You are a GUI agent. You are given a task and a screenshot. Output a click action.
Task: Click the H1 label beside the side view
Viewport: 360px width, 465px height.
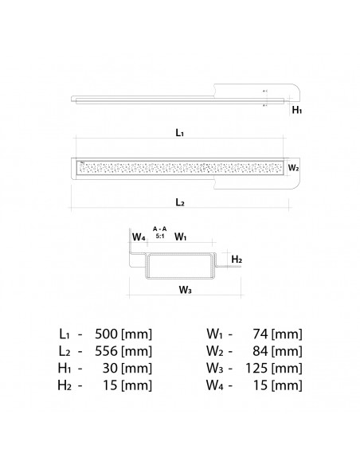297,111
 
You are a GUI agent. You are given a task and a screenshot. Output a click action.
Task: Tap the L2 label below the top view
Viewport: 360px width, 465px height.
180,203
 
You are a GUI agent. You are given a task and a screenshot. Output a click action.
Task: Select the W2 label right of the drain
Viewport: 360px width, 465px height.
293,168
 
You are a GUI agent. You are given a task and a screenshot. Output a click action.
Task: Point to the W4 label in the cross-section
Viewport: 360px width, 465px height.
139,236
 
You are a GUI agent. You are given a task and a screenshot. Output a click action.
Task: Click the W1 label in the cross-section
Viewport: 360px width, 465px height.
180,236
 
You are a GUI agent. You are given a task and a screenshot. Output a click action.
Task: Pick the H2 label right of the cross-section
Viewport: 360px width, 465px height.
237,260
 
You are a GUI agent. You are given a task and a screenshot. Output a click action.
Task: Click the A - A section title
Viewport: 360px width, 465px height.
159,229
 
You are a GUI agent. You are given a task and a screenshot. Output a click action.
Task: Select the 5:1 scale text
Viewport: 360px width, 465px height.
159,236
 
